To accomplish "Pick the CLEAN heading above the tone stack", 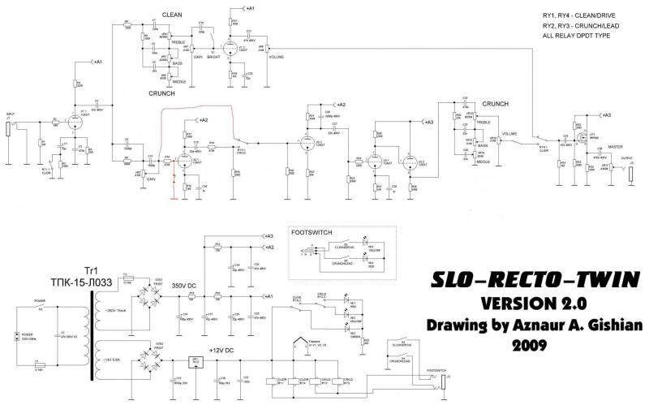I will point(172,15).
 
